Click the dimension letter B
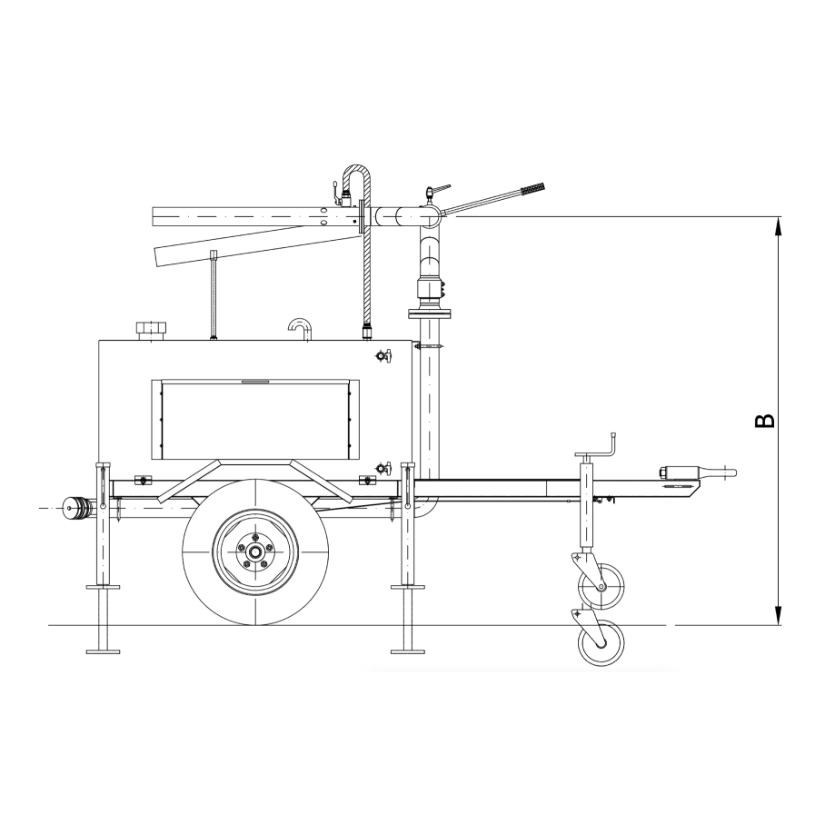765,421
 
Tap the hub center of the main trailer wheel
255,552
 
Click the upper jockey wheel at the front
601,586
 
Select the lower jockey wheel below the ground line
601,643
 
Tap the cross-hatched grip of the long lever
532,188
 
